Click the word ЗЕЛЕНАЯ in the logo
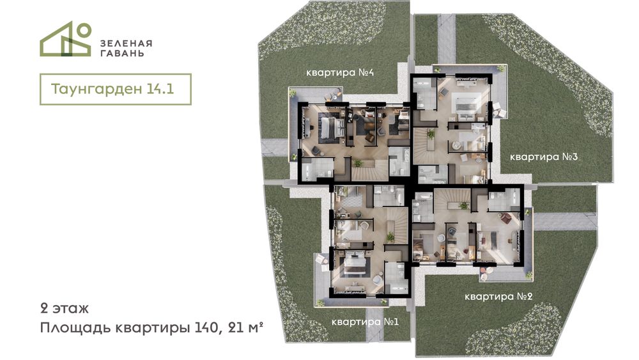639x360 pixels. tap(127, 43)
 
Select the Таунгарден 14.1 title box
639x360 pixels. tap(115, 90)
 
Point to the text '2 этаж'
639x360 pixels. tap(65, 308)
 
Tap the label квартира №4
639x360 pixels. tap(340, 73)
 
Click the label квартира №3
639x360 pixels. tap(544, 157)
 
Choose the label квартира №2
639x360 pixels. tap(498, 297)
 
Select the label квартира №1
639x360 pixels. tap(365, 322)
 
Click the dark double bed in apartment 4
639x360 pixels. tap(331, 128)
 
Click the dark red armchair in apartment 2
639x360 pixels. tap(505, 219)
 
